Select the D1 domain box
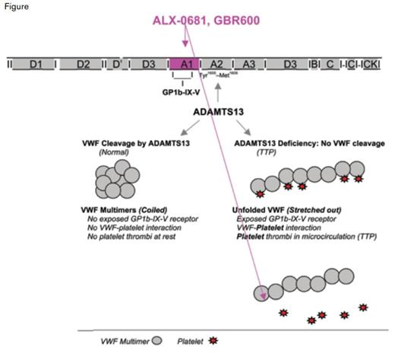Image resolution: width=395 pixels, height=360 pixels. pos(35,65)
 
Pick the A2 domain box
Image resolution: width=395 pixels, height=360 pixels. pos(216,65)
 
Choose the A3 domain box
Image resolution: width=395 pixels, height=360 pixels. pos(247,65)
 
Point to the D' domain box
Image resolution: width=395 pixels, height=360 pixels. pos(117,65)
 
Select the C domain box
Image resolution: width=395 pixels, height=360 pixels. pos(330,65)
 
